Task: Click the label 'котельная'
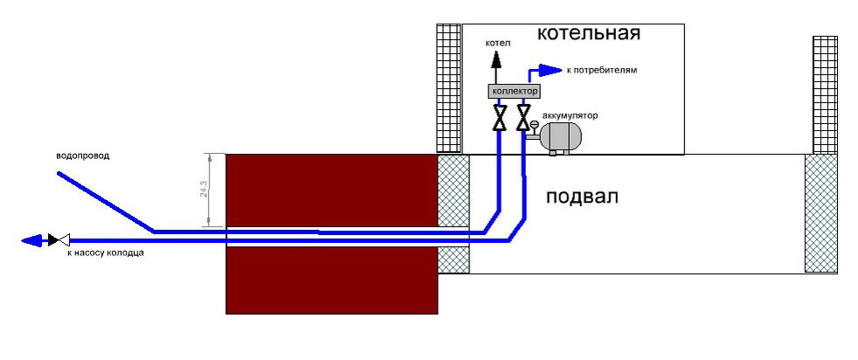coord(588,34)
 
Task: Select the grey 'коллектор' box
coord(514,91)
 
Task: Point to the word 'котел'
coord(498,42)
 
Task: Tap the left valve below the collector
coord(499,117)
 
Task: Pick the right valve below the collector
coord(522,117)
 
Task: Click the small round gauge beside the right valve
coord(535,125)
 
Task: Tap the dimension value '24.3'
coord(204,190)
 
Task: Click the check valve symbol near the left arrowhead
coord(56,239)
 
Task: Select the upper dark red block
coord(331,190)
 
